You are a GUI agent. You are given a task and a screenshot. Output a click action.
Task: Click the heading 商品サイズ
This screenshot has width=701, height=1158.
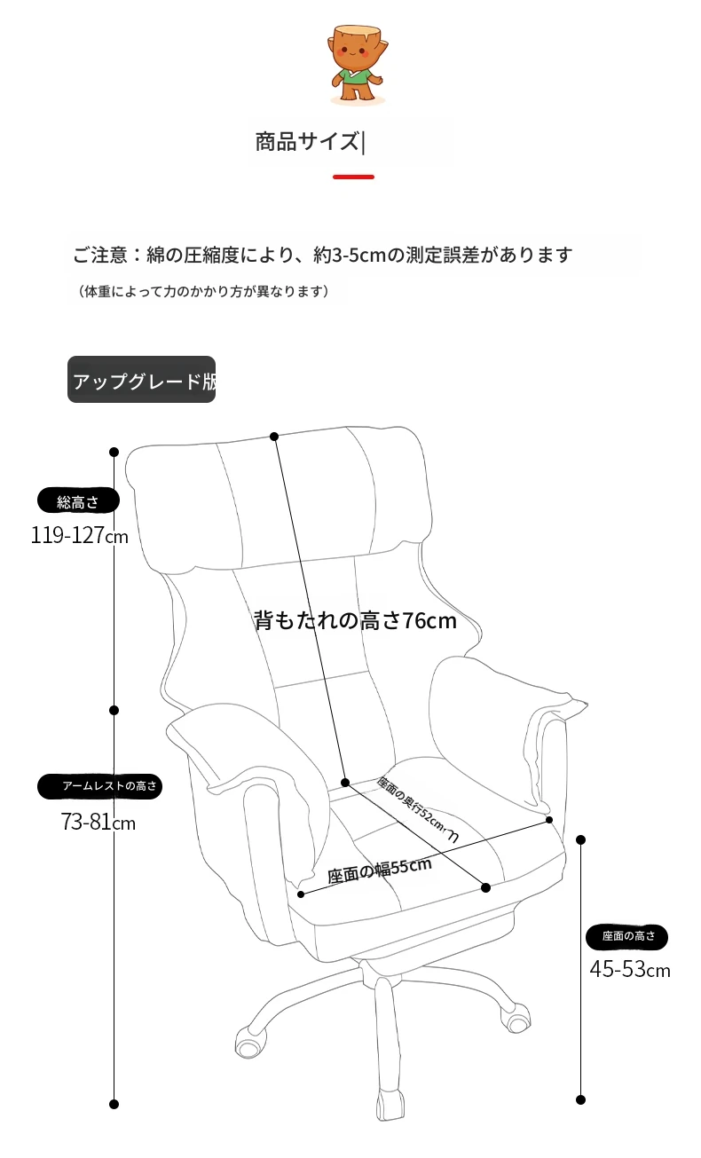click(x=307, y=142)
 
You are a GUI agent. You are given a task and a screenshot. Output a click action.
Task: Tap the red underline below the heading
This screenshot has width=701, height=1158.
click(x=353, y=177)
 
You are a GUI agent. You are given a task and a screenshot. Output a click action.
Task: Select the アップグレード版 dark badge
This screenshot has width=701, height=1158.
click(x=141, y=380)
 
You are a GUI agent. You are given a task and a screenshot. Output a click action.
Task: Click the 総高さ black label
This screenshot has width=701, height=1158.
click(x=78, y=500)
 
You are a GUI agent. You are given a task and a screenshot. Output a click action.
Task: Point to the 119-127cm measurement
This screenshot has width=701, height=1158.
click(x=80, y=535)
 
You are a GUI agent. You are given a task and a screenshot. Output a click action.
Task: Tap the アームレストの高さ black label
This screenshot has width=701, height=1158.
click(x=99, y=786)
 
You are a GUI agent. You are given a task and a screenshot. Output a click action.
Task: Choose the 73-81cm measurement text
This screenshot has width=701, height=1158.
click(x=98, y=822)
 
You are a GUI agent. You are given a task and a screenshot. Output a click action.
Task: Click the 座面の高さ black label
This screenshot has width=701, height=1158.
click(x=627, y=935)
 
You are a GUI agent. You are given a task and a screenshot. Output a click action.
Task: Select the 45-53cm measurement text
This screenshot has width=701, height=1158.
click(x=630, y=969)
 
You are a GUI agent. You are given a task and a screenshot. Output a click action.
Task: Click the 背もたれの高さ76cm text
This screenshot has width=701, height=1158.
click(x=355, y=620)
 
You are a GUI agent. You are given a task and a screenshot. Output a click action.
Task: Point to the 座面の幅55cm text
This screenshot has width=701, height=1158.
click(x=380, y=870)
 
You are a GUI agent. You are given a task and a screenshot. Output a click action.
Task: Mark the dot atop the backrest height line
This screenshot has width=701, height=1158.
click(x=274, y=437)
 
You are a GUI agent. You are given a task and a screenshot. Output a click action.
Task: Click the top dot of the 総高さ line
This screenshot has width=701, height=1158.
click(x=114, y=452)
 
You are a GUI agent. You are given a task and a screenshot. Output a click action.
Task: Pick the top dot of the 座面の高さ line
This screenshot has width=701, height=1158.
click(x=580, y=839)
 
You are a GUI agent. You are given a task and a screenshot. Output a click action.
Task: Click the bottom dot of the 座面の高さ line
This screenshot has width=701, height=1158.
click(x=580, y=1099)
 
